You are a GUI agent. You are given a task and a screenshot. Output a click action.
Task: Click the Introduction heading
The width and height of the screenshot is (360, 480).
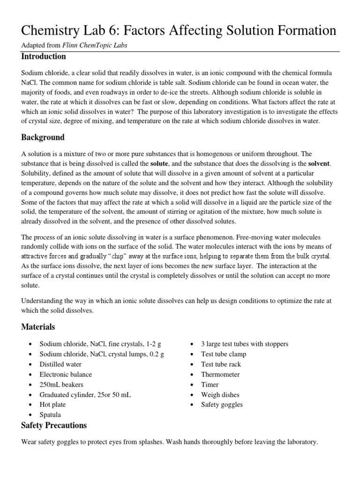tap(44, 57)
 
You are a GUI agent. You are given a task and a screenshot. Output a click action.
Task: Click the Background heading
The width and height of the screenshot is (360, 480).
tap(43, 137)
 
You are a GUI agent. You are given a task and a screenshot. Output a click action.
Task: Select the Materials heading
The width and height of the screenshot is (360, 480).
tap(38, 327)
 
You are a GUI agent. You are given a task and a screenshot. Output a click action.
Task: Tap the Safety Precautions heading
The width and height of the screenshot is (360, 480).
tap(54, 426)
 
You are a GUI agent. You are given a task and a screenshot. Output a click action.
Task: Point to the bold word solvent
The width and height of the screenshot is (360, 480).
tap(319, 164)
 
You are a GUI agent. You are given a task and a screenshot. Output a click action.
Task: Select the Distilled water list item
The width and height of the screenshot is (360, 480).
tap(60, 364)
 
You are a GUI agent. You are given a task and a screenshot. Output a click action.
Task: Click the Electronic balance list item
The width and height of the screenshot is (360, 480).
tap(66, 375)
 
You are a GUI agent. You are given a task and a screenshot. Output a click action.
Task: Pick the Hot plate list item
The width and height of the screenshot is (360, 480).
tap(52, 405)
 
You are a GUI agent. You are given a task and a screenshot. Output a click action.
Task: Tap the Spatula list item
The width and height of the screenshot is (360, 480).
tap(50, 415)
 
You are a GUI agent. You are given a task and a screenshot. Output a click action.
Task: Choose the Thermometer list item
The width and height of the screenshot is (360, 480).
tap(220, 375)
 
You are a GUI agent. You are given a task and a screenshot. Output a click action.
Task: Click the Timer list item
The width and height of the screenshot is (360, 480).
tap(210, 384)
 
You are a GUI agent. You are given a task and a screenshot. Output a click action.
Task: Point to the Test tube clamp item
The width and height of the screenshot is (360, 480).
tap(224, 354)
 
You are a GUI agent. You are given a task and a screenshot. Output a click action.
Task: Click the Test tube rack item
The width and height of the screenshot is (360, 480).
tap(221, 364)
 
